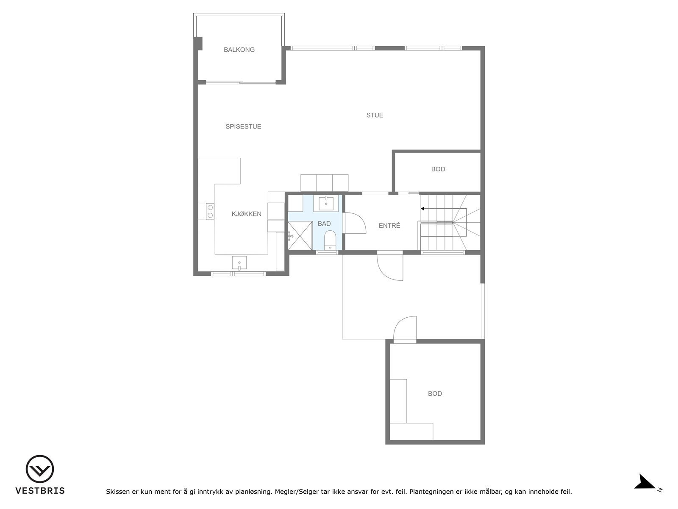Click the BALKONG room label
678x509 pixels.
239,50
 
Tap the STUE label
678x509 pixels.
375,115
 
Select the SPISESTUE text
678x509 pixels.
243,126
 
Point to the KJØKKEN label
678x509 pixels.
246,214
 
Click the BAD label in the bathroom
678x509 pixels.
324,224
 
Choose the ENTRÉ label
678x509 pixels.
389,226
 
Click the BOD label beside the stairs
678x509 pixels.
438,169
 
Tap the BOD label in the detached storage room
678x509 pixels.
435,394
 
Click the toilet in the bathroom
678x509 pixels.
330,240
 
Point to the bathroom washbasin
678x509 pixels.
326,203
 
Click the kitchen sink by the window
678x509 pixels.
239,263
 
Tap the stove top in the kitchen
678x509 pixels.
210,211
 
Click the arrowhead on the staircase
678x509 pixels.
422,209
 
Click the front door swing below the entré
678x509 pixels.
390,267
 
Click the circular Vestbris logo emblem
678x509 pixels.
40,469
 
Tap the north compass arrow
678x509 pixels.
645,483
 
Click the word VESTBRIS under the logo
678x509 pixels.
40,491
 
